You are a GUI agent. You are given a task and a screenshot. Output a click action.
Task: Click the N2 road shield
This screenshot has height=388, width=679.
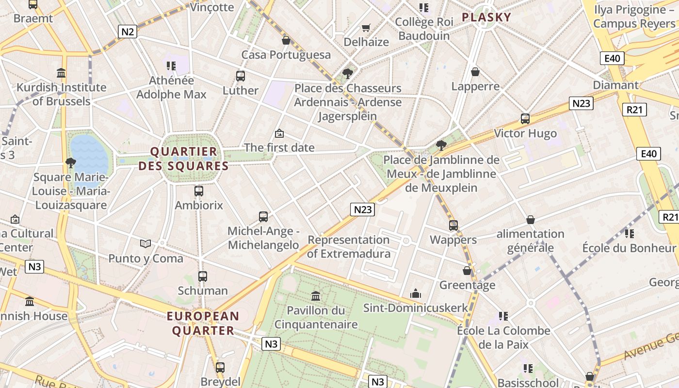[128, 32]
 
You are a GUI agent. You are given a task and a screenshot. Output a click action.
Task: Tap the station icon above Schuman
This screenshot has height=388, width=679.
[203, 276]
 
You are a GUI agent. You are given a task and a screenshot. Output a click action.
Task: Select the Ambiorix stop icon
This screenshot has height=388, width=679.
[198, 191]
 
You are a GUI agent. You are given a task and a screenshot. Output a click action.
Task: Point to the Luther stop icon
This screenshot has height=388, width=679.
[241, 76]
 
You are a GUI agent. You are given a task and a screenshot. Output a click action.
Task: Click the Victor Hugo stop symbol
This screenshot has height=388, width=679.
[525, 119]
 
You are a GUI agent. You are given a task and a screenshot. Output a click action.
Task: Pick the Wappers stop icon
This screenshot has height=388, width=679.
[453, 226]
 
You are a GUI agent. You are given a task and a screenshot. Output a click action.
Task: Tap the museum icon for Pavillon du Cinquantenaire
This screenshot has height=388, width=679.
[316, 295]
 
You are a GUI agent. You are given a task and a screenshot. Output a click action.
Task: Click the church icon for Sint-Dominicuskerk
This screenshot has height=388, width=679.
[416, 293]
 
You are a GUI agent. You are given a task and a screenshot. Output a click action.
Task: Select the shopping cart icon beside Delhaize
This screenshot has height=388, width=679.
[366, 28]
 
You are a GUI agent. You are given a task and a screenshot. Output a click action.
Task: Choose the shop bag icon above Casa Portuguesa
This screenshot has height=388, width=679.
[286, 40]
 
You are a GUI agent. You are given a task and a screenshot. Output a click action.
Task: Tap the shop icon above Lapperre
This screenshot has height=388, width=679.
[475, 72]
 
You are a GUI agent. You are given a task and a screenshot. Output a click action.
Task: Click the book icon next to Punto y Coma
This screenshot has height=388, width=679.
[145, 243]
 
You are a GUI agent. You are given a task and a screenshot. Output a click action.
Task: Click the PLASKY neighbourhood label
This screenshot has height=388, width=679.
[486, 17]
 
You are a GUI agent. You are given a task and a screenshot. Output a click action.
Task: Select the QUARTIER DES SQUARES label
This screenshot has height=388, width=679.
[183, 159]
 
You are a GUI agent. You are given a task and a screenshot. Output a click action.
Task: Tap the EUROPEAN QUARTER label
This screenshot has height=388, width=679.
[203, 323]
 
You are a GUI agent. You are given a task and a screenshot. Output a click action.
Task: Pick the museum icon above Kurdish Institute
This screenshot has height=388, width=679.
[61, 73]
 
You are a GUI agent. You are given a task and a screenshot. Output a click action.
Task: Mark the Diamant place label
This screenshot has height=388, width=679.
[615, 85]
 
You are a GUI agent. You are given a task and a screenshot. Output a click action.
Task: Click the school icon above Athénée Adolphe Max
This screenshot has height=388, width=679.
[171, 65]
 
